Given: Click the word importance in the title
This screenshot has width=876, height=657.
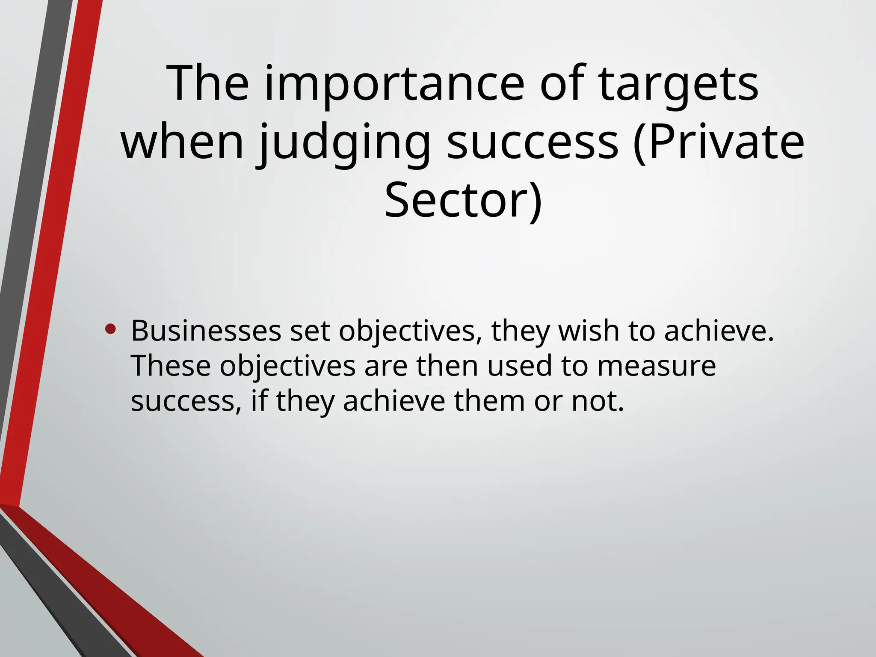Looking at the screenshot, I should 394,83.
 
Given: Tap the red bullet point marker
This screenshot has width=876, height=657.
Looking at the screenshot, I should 110,329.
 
